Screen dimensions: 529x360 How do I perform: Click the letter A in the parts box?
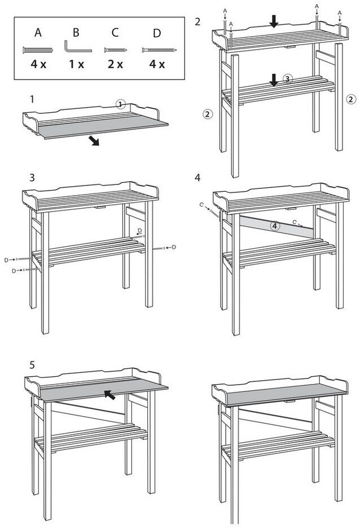pos(38,33)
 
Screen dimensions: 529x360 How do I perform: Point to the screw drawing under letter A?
pos(38,50)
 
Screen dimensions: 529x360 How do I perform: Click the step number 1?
pos(33,99)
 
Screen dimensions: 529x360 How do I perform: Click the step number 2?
pos(197,22)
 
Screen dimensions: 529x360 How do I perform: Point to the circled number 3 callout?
pos(287,80)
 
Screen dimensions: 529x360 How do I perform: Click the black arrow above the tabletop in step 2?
pos(274,21)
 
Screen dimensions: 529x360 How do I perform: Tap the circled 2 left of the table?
pos(208,114)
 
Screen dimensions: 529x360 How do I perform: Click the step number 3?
pos(33,177)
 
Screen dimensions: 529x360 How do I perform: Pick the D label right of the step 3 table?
pos(174,247)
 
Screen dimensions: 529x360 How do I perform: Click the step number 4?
pos(197,177)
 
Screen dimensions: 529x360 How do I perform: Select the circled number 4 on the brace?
pos(274,226)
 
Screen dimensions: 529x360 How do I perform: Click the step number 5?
pos(33,365)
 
